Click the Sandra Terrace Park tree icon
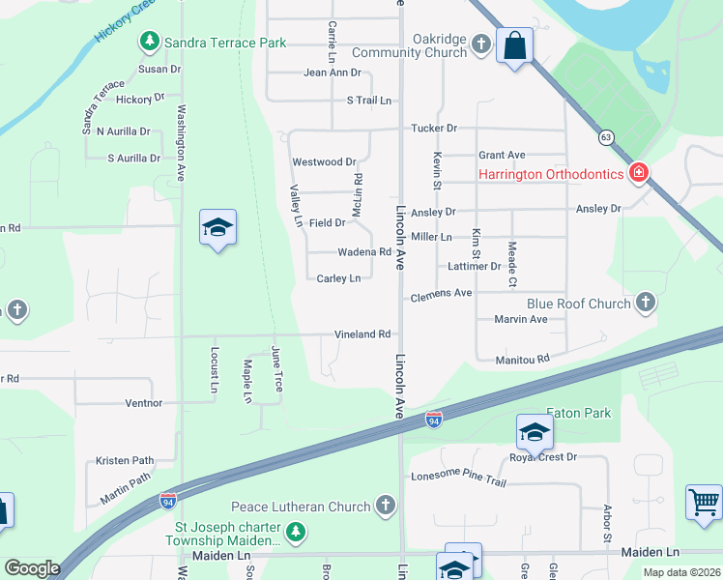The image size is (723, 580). coord(150,42)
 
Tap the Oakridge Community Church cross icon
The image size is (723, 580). coord(480,42)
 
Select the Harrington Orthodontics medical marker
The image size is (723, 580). coord(638,174)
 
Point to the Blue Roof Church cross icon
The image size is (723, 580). coord(647,304)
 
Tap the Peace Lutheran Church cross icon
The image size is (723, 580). coord(386,506)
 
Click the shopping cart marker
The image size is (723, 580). coord(704,501)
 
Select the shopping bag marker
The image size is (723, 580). coord(514,43)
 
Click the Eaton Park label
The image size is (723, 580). coord(579,413)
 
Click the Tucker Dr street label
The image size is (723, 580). coord(433,128)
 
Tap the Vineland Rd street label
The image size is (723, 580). coord(362,334)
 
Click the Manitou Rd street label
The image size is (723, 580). coord(522,359)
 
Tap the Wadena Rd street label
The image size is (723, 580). coord(363,252)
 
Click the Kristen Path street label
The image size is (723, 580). coord(125,461)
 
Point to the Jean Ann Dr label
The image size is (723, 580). coord(332,72)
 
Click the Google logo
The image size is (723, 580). coord(32,568)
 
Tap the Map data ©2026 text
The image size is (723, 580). coord(681,572)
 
